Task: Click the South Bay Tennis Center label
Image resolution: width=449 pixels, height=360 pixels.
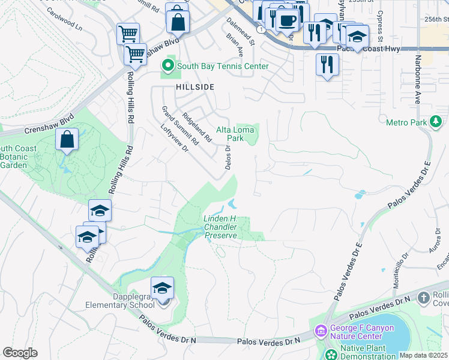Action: point(222,66)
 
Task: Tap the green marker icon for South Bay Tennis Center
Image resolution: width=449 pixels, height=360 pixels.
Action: point(168,66)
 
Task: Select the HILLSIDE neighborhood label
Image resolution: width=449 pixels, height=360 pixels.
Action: point(195,87)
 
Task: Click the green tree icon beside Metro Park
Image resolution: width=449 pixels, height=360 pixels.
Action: point(436,123)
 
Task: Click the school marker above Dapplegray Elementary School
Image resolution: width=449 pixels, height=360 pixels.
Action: point(162,289)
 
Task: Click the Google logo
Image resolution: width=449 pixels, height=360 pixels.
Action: point(20,353)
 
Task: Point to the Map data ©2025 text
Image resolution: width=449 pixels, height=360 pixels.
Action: point(423,355)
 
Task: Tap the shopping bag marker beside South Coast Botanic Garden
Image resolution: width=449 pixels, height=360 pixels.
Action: point(67,140)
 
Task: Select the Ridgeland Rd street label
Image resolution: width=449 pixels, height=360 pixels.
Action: point(197,127)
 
